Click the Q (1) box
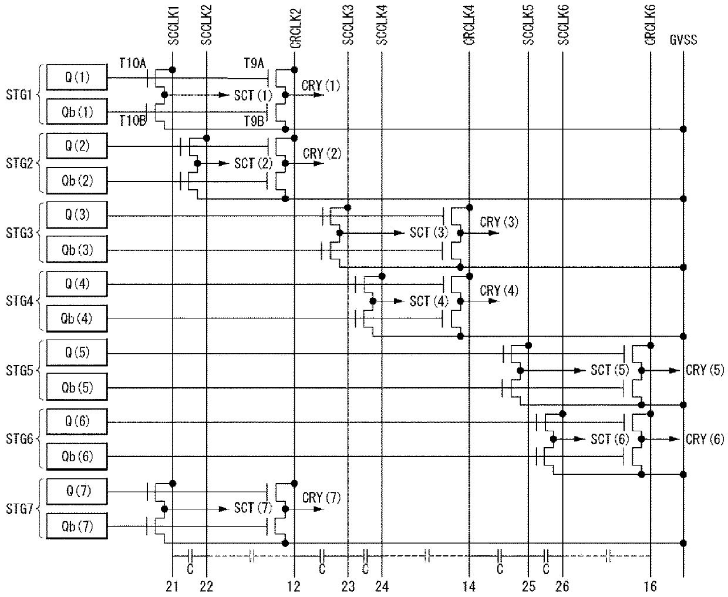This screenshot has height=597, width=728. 77,78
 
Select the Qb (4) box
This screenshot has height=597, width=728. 77,318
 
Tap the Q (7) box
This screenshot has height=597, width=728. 77,491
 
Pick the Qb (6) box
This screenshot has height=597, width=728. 77,457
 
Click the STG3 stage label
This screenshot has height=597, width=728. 19,233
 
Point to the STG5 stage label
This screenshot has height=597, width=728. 19,371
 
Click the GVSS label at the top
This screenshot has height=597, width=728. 683,41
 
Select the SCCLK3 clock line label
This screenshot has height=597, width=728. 348,25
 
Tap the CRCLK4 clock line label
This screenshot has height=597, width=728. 470,25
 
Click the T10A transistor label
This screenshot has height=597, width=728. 133,63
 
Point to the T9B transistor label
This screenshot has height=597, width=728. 254,121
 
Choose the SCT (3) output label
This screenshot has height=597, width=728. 429,233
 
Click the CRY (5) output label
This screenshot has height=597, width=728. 705,370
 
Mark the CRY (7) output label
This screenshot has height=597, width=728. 321,498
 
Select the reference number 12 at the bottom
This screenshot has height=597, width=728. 294,586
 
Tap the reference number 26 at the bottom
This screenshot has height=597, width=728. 562,586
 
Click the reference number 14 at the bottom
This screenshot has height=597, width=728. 469,586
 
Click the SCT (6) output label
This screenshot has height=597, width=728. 610,439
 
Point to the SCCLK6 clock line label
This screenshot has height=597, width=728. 564,25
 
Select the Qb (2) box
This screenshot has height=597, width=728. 77,181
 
